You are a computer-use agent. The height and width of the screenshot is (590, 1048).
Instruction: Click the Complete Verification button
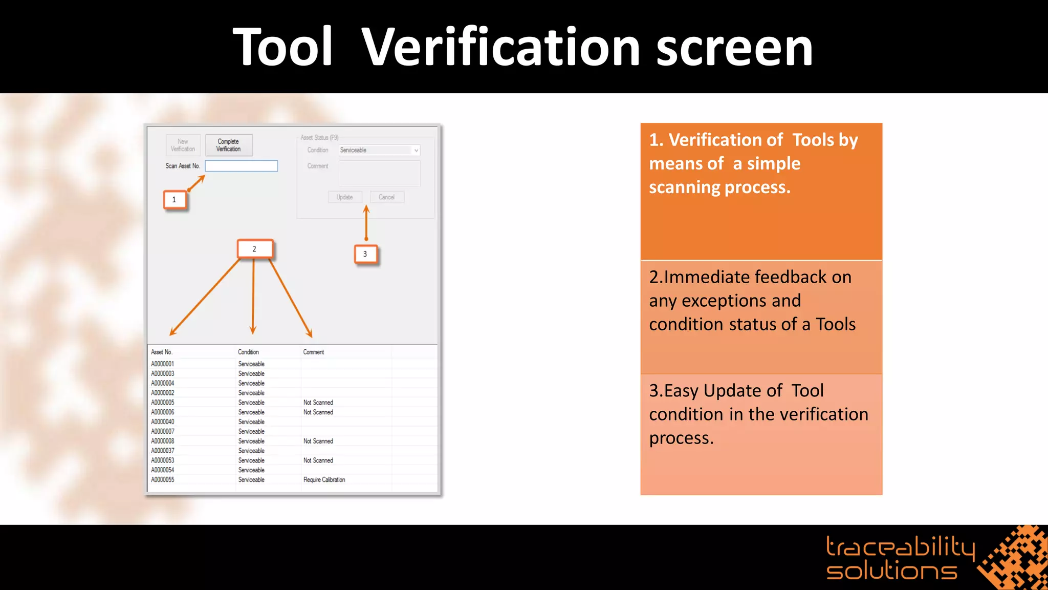[x=228, y=145]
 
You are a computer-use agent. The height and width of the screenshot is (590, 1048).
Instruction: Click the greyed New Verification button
[x=183, y=145]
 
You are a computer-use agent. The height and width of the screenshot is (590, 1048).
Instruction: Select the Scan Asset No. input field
[x=241, y=166]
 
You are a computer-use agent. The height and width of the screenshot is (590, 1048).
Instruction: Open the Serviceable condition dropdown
[x=379, y=150]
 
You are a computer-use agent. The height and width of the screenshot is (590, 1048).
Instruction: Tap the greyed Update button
[x=344, y=197]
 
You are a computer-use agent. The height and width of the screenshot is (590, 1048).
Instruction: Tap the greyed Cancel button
[x=387, y=197]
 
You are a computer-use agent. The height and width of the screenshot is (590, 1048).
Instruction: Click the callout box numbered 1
[x=174, y=200]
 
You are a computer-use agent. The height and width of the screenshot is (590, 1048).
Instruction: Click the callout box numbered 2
[x=254, y=249]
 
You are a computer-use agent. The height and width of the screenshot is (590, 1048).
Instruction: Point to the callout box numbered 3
[x=365, y=254]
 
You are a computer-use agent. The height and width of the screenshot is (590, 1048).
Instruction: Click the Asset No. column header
[x=162, y=352]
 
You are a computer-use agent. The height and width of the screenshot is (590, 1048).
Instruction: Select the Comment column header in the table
[x=314, y=352]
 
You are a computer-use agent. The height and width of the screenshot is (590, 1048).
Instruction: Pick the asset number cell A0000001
[x=163, y=364]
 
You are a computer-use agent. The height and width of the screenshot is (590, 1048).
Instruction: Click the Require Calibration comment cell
[x=324, y=480]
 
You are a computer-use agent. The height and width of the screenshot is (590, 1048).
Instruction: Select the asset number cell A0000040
[x=163, y=422]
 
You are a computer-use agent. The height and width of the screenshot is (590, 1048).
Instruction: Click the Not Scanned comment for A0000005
[x=318, y=403]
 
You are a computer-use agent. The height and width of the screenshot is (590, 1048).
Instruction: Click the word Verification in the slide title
[x=500, y=47]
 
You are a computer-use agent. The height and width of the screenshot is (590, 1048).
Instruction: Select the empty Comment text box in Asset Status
[x=379, y=174]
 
